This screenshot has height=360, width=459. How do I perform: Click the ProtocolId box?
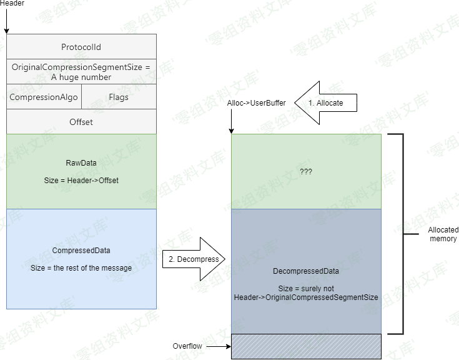pos(81,47)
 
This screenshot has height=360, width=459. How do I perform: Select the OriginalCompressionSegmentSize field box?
pos(81,72)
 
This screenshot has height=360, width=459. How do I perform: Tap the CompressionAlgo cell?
pos(44,97)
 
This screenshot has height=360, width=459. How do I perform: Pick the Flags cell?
pos(119,97)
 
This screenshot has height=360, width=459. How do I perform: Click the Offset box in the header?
pos(81,122)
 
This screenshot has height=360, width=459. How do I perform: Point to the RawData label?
pos(81,163)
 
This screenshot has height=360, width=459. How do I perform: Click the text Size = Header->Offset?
pos(81,180)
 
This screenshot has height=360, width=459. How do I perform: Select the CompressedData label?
pos(81,251)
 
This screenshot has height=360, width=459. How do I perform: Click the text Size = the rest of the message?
pos(81,267)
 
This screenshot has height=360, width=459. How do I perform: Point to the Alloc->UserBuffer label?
pos(257,102)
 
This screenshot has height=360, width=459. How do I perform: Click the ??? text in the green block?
pos(306,171)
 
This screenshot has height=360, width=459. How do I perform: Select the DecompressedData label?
pos(306,272)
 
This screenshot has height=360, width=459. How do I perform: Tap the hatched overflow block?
pos(306,346)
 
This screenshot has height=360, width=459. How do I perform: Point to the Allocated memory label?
pos(443,234)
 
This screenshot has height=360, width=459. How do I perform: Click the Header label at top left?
pos(12,4)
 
